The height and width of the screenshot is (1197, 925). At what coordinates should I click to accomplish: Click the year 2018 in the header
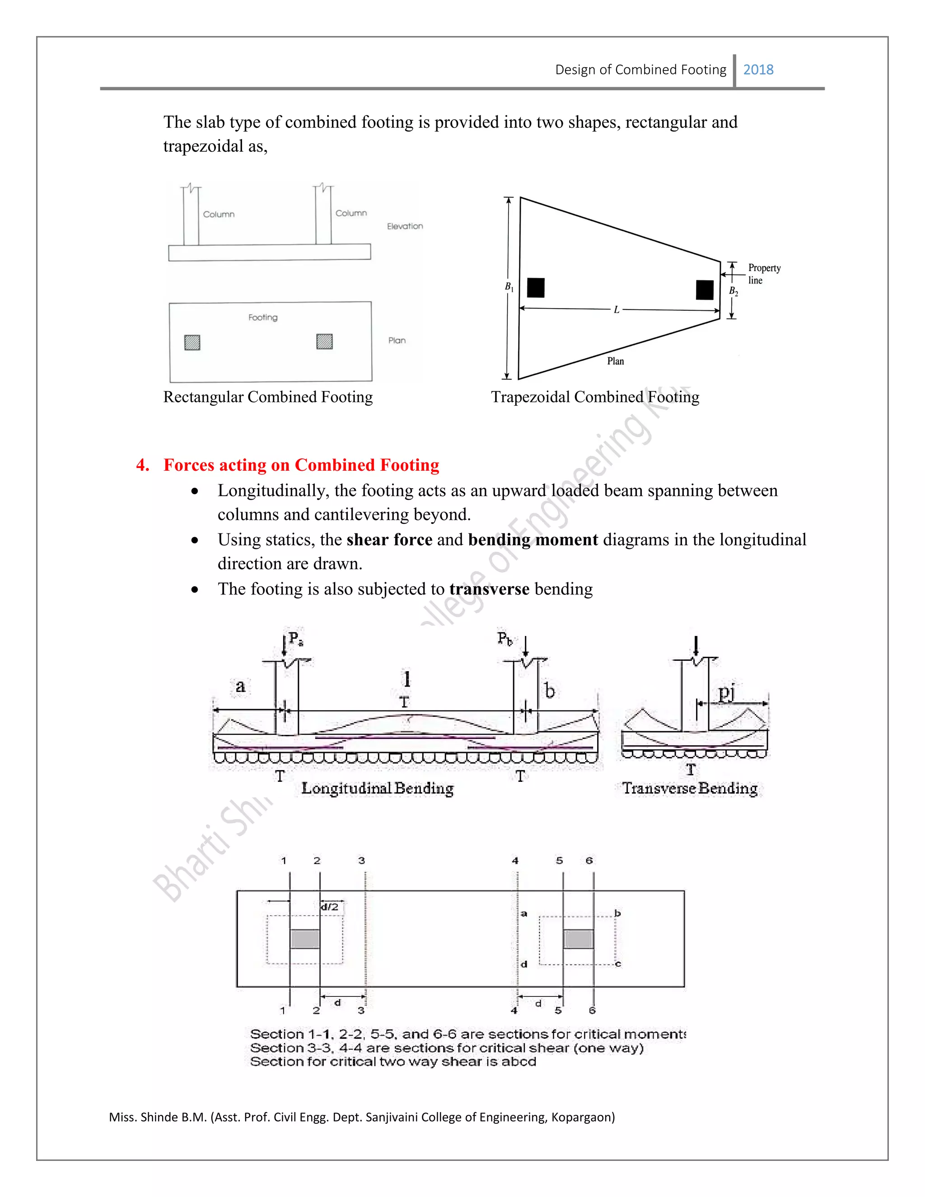[x=758, y=70]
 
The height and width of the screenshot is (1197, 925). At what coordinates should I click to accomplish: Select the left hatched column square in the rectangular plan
[x=192, y=342]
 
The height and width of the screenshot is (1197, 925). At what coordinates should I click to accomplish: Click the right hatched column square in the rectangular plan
[x=324, y=341]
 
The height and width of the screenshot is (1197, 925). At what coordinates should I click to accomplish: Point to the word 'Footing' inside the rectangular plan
[x=263, y=318]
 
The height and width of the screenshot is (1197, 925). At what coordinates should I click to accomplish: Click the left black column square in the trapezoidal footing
[x=535, y=288]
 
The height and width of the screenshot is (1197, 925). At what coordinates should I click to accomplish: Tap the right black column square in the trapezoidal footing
[x=705, y=290]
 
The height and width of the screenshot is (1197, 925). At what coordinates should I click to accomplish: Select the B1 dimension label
[x=509, y=287]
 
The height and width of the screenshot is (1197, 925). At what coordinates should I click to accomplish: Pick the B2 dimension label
[x=733, y=292]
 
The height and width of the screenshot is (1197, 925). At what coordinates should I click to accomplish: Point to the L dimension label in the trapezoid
[x=617, y=310]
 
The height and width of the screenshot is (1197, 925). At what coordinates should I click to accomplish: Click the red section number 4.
[x=142, y=465]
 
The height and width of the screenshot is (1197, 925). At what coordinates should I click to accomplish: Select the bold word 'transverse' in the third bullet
[x=489, y=589]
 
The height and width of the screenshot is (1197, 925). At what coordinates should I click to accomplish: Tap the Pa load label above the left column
[x=296, y=639]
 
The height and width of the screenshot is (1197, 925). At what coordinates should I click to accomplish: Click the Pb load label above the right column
[x=505, y=639]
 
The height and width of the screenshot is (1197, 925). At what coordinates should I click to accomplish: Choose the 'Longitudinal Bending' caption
[x=378, y=788]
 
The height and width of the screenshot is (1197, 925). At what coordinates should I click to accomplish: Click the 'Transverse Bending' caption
[x=689, y=788]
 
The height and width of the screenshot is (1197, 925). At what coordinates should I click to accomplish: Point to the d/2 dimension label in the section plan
[x=329, y=907]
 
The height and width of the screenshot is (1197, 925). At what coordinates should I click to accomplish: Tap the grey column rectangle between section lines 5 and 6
[x=578, y=939]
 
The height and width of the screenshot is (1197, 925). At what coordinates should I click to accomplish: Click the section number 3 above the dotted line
[x=362, y=860]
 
